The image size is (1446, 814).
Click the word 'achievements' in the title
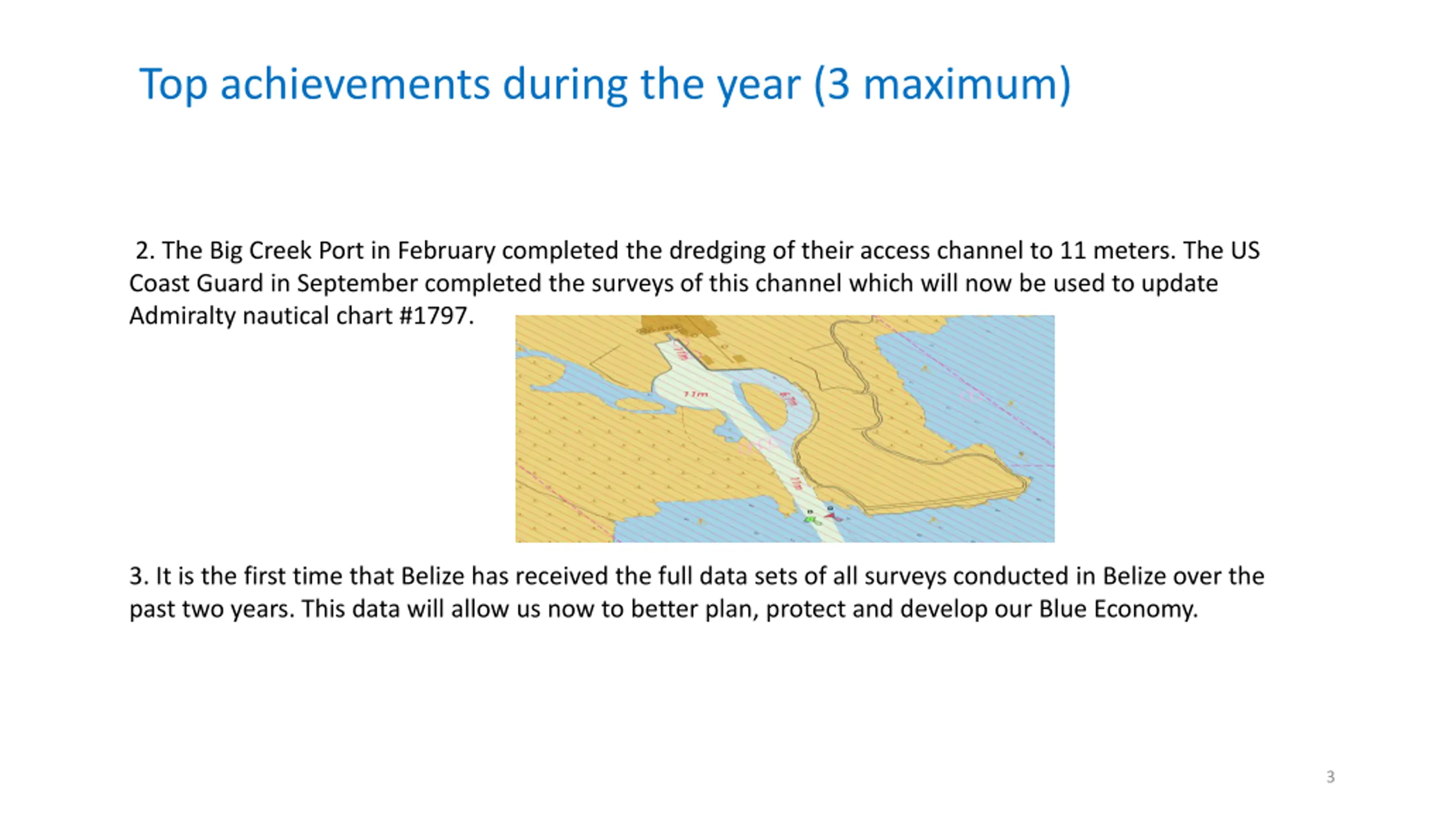pyautogui.click(x=355, y=85)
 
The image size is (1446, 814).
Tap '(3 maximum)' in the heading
pyautogui.click(x=942, y=85)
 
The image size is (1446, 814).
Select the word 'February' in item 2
pyautogui.click(x=446, y=251)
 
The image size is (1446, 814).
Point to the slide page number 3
pyautogui.click(x=1330, y=777)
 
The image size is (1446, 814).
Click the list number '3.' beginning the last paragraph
pyautogui.click(x=139, y=577)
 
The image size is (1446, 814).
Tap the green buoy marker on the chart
pyautogui.click(x=812, y=519)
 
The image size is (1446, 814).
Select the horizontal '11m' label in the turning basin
pyautogui.click(x=696, y=394)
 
